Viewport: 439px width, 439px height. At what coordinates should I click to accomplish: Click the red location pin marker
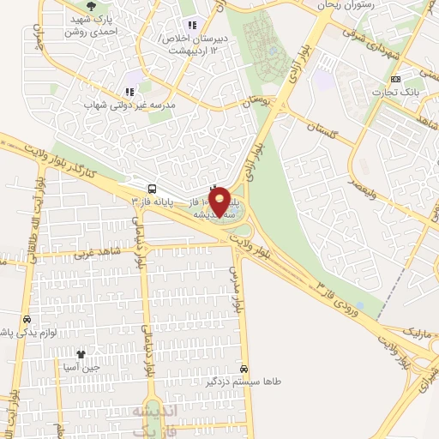pyautogui.click(x=220, y=202)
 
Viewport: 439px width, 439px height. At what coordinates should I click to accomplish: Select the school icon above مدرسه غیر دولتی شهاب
pyautogui.click(x=129, y=92)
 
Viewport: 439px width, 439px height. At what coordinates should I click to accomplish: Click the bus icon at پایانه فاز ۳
pyautogui.click(x=152, y=188)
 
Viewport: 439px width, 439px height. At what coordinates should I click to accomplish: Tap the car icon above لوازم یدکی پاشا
pyautogui.click(x=27, y=319)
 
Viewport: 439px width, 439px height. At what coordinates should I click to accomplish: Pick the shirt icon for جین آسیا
pyautogui.click(x=81, y=353)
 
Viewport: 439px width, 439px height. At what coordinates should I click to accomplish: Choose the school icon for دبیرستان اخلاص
pyautogui.click(x=191, y=25)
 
